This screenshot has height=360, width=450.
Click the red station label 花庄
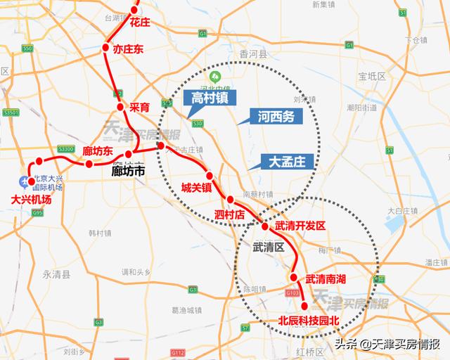coord(140,23)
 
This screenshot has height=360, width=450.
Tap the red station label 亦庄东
coord(128,49)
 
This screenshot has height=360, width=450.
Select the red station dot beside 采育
coord(120,107)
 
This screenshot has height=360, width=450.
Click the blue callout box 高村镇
coord(210,97)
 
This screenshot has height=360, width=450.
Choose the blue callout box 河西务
coord(276,117)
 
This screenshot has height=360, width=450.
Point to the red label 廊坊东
coord(98,151)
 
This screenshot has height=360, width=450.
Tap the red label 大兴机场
coord(32,200)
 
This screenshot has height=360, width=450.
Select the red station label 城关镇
coord(196,188)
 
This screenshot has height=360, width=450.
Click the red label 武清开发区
coord(300,226)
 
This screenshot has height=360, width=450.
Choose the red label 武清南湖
coord(326,278)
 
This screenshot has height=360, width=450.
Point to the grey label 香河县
coord(254,54)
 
